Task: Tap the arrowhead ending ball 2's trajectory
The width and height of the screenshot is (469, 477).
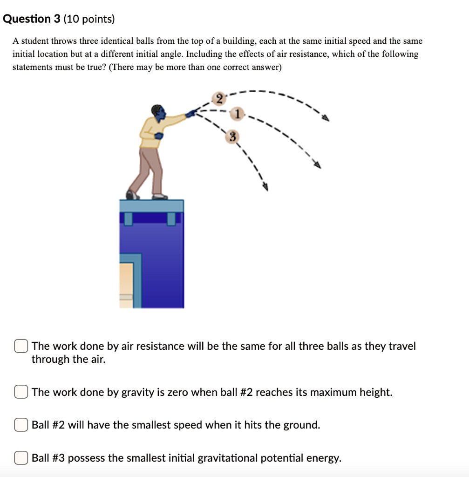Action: (x=326, y=119)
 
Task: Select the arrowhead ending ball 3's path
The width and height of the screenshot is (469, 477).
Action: (x=266, y=187)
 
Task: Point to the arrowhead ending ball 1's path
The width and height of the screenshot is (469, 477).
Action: (x=318, y=164)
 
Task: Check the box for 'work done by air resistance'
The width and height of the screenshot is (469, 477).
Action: (x=20, y=346)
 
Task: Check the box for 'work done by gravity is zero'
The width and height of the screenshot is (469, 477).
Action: (x=20, y=392)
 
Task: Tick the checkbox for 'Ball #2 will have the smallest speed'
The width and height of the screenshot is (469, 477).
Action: (x=20, y=425)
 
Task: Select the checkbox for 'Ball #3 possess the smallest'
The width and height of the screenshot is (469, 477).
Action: (x=20, y=458)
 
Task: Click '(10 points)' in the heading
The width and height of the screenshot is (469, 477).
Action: (x=88, y=19)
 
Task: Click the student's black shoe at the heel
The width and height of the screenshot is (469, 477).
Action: (x=131, y=195)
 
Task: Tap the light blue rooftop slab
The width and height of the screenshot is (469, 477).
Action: (x=151, y=205)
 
